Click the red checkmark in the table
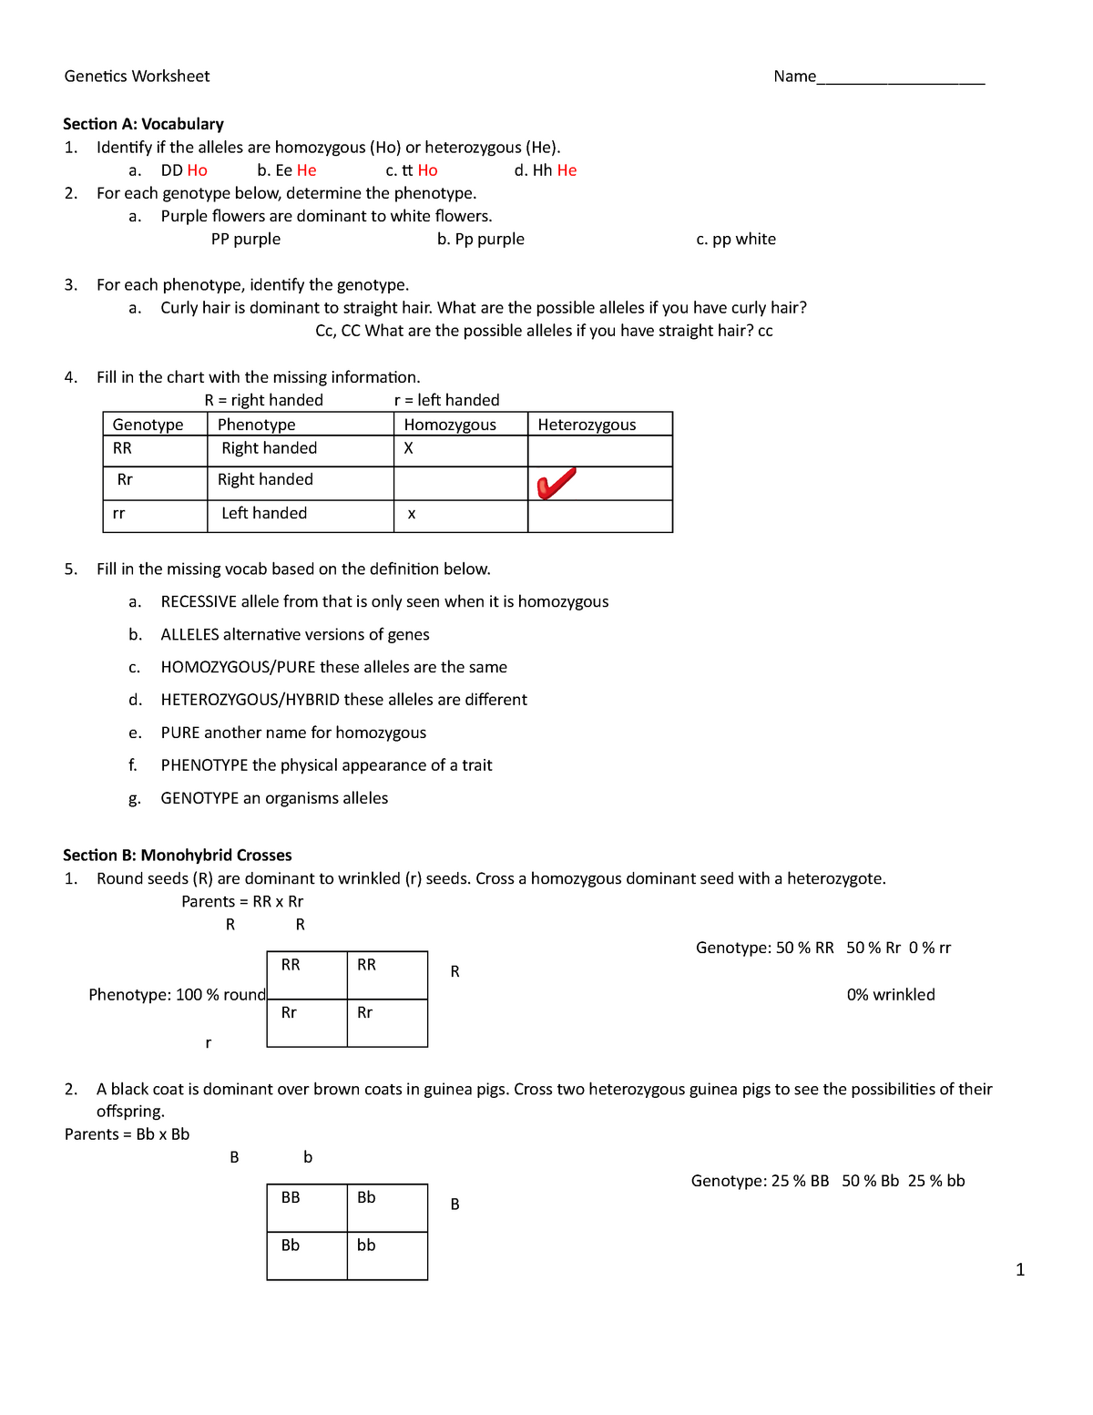[x=556, y=483]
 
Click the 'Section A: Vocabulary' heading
[x=143, y=124]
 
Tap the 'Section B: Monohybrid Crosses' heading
[x=177, y=855]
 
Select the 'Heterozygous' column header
[x=587, y=425]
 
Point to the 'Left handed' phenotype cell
[x=264, y=514]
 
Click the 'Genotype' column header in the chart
[x=148, y=425]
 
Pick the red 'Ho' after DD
[x=197, y=170]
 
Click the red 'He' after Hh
[x=567, y=170]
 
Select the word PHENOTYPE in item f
[x=204, y=765]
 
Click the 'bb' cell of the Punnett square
[x=366, y=1246]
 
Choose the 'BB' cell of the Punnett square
[x=291, y=1198]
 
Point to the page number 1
[x=1020, y=1269]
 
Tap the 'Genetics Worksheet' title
[x=137, y=77]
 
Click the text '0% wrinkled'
[x=890, y=995]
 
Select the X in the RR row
[x=408, y=448]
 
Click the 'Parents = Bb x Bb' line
[x=127, y=1134]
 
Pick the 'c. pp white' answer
[x=736, y=240]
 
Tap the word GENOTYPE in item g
[x=199, y=798]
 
